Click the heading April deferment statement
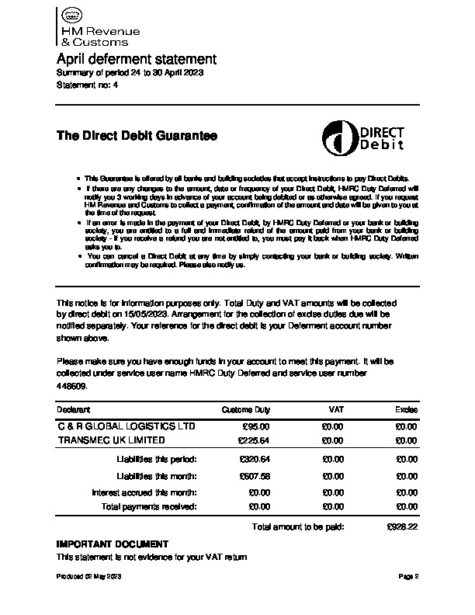137,59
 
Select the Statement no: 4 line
88,85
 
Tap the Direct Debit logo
364,137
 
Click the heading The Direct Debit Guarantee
137,136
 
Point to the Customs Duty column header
246,409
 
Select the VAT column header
336,409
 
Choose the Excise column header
406,409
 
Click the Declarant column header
74,409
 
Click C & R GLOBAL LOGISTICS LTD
127,426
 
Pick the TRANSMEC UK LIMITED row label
112,440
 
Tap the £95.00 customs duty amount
255,426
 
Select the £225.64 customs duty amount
253,440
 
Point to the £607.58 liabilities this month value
255,476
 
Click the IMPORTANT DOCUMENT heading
112,544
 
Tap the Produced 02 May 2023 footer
88,578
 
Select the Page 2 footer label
408,578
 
